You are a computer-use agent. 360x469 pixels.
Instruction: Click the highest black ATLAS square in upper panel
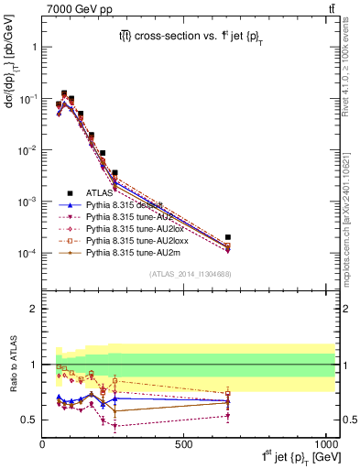coord(64,93)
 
